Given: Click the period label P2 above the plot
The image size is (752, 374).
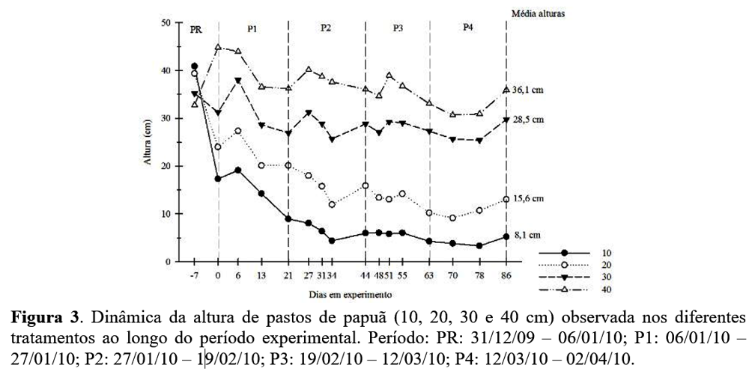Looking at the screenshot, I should [x=326, y=28].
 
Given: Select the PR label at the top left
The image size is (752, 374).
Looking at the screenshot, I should [x=196, y=29].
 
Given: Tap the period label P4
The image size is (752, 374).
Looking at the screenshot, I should [x=467, y=28].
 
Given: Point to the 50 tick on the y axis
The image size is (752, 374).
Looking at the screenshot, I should [x=167, y=23].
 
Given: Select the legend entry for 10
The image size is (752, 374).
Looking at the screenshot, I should [x=606, y=253].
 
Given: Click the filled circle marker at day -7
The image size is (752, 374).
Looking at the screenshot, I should [x=195, y=67].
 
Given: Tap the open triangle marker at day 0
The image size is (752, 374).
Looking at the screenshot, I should [x=219, y=47].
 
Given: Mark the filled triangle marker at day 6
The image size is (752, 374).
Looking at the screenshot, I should [x=238, y=81].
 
